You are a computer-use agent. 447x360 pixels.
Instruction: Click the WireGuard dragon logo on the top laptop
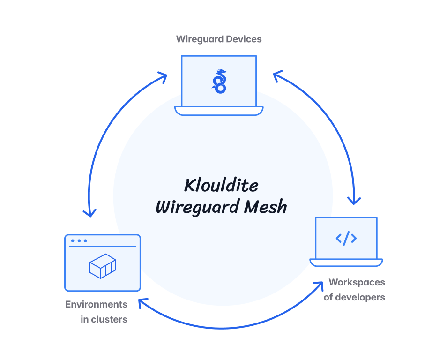pos(219,81)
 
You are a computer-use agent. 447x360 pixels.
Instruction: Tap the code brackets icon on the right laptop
pos(346,238)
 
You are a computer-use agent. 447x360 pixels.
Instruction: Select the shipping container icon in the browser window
pos(103,266)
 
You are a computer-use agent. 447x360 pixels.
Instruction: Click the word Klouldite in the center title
pos(221,185)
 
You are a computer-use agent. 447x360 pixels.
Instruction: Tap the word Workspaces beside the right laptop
pos(357,282)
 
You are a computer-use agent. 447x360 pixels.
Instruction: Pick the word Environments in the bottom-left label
pos(96,304)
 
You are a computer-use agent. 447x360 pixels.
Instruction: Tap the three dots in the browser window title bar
pos(79,241)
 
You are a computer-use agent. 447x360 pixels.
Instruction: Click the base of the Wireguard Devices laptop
pos(219,111)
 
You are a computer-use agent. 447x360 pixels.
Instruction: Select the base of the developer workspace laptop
pos(346,262)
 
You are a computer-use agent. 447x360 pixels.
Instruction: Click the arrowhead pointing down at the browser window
pos(89,211)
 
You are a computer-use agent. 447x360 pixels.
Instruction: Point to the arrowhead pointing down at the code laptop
pos(354,200)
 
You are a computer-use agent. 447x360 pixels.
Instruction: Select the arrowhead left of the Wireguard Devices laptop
pos(162,77)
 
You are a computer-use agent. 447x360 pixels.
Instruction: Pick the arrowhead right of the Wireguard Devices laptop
pos(277,75)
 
